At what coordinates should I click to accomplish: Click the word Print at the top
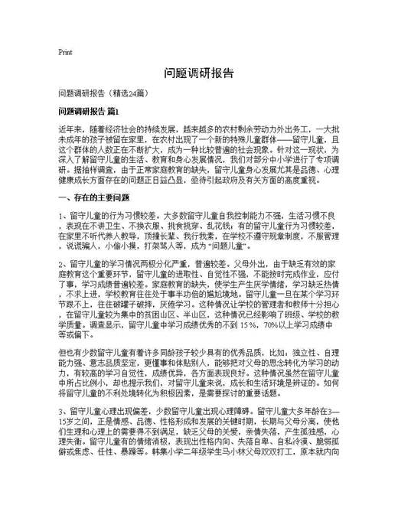65,53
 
